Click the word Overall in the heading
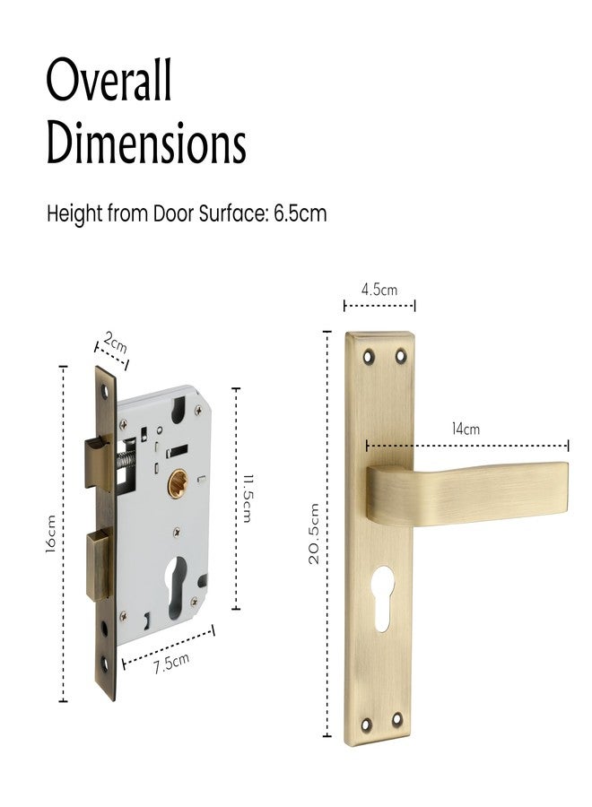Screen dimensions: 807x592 [109, 82]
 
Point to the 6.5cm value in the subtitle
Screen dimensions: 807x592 [300, 215]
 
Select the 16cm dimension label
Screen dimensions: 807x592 [52, 534]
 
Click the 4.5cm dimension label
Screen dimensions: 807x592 [379, 290]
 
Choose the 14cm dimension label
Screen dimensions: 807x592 [466, 429]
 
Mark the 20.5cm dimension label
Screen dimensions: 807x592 [313, 533]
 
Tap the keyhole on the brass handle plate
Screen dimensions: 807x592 [380, 596]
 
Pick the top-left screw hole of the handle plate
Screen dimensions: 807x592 [368, 356]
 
